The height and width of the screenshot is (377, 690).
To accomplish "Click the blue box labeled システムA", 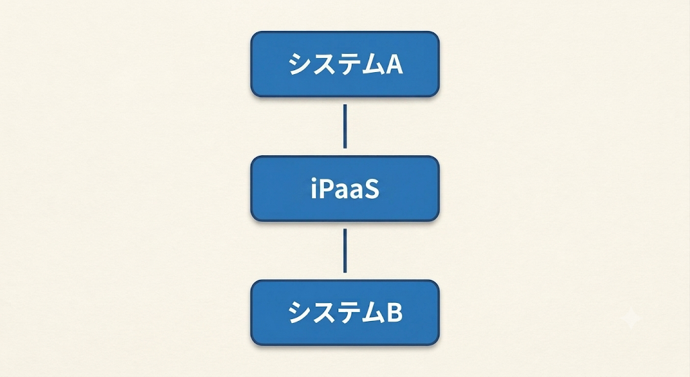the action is coord(345,64).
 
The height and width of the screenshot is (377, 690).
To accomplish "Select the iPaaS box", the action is coord(345,189).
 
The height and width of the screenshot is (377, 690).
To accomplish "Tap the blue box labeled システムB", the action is coord(345,313).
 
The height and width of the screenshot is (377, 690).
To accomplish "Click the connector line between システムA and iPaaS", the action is coord(345,126).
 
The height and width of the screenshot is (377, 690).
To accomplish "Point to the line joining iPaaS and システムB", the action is coord(345,251).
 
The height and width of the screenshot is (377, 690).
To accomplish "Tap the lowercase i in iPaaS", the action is coord(314,190).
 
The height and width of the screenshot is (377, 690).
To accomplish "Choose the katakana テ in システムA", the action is coord(345,65).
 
